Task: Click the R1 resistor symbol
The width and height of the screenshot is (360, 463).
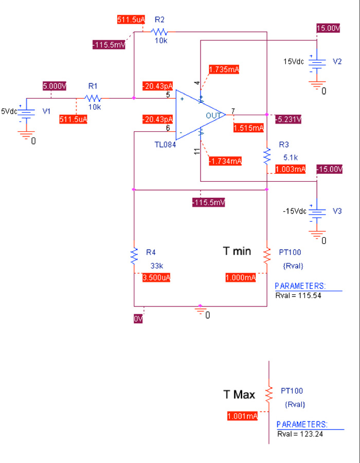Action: coord(93,98)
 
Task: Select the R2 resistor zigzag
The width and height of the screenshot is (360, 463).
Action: coord(159,31)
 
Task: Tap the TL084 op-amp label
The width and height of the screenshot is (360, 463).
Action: coord(165,145)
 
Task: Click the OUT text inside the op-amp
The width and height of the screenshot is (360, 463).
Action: coord(213,115)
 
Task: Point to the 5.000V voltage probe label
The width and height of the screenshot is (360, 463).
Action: coord(55,86)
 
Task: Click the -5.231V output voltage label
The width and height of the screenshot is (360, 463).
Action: coord(288,119)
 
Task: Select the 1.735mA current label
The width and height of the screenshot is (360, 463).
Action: coord(224,69)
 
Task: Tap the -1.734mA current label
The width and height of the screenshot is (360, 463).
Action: coord(225,161)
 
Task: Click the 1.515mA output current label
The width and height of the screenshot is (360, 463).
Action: coord(248,128)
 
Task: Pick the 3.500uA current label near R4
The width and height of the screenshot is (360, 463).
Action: coord(156,278)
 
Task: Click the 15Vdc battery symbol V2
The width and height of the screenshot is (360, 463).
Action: coord(317,63)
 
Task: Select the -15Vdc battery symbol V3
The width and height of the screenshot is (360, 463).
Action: coord(317,212)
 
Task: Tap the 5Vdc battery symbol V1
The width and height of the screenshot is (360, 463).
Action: coord(26,113)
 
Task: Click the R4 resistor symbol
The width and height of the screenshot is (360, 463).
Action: coord(134,256)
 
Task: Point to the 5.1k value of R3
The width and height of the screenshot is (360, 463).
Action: coord(291,157)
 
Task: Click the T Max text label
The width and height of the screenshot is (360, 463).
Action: coord(239,395)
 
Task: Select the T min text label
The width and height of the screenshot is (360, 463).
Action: coord(237,251)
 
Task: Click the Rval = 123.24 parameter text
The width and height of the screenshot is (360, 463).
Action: coord(300,434)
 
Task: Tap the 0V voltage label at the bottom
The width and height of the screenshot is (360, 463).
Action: coord(138,319)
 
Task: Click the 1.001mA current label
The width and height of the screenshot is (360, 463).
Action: coord(242,416)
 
